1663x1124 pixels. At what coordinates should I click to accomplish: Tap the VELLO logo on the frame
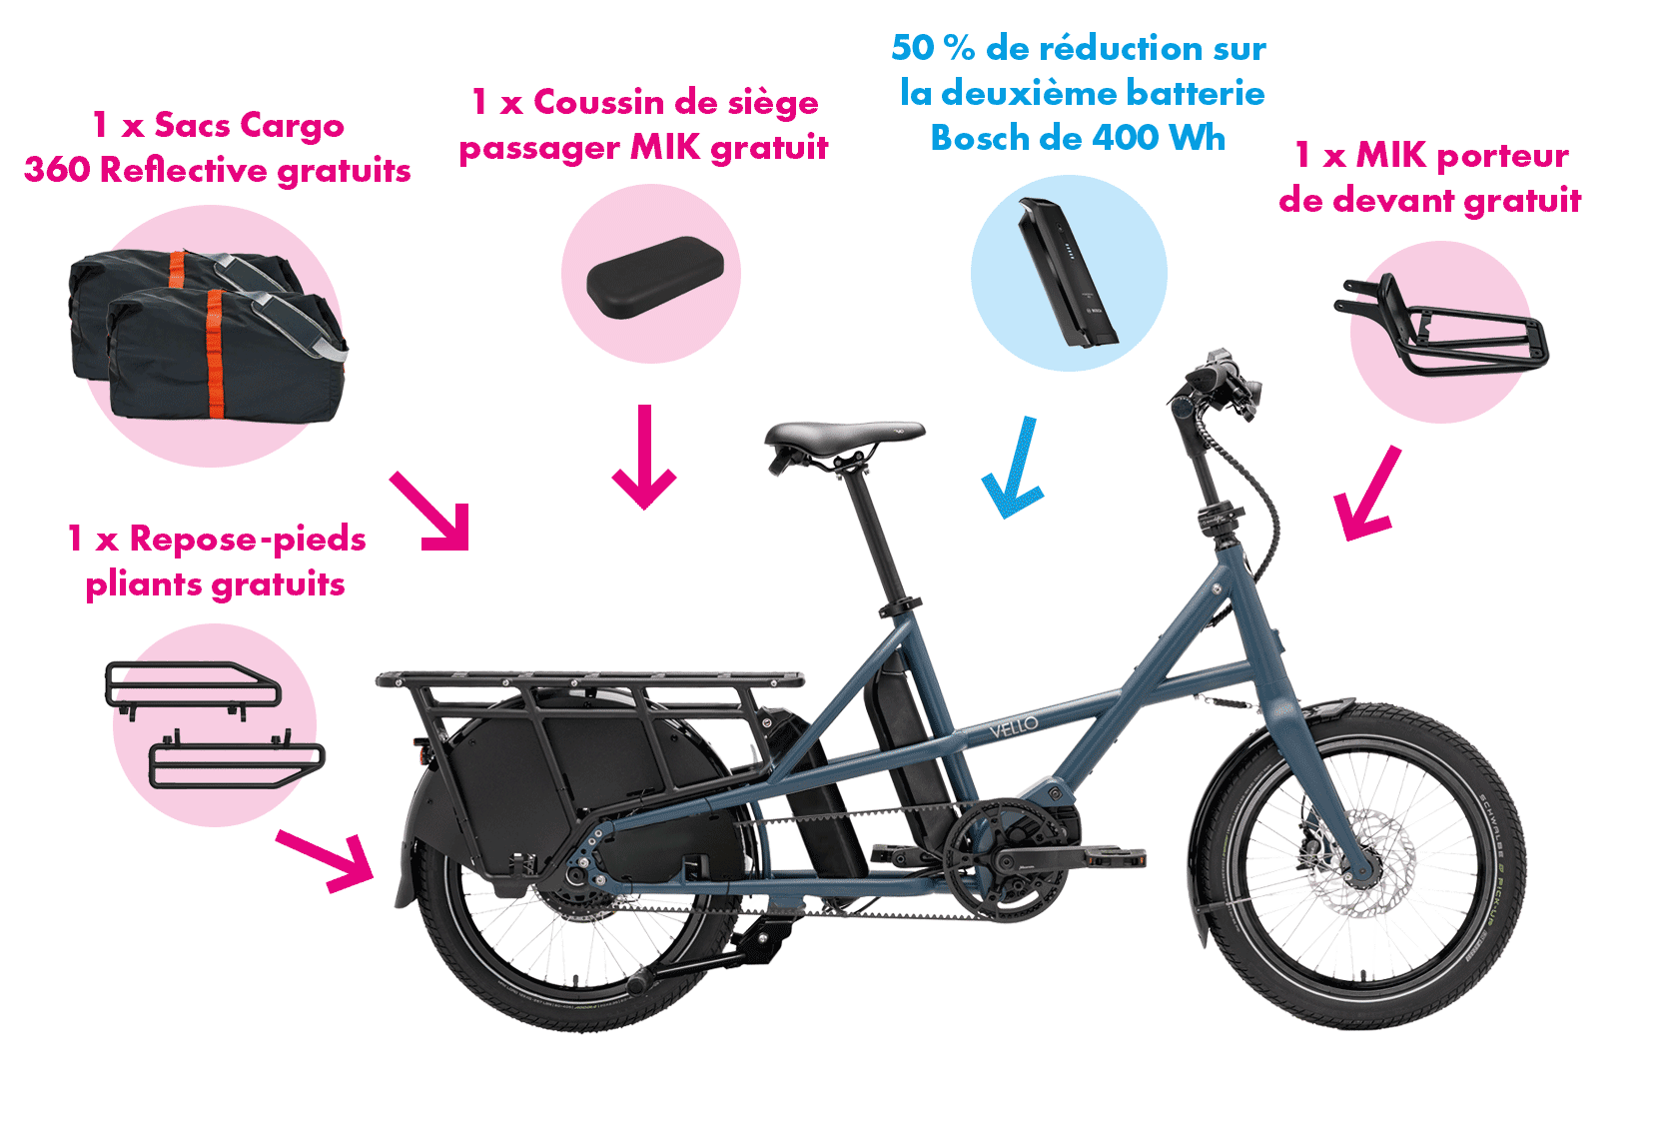pos(1013,726)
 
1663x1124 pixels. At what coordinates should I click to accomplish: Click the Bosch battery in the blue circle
pos(1067,272)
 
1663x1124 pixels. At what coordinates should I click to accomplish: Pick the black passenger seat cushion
pos(655,277)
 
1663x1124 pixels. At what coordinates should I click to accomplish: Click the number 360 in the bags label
pos(57,169)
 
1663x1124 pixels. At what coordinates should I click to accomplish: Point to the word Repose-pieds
pos(248,539)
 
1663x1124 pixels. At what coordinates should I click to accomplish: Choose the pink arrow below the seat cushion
pos(644,456)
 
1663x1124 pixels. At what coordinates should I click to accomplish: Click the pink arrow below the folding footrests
pos(327,862)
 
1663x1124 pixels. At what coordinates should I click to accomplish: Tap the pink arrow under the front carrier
pos(1367,493)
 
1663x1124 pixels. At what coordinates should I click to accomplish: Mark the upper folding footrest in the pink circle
pos(192,687)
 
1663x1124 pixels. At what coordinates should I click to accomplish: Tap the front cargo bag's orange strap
pos(215,353)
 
